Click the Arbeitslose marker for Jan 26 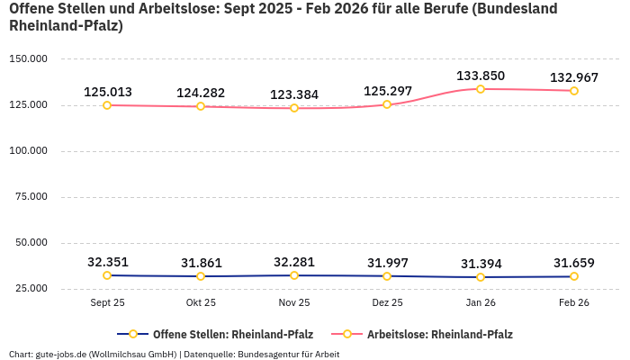click(x=481, y=89)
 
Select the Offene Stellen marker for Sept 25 click(x=107, y=275)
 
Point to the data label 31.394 click(x=481, y=264)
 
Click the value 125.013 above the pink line click(x=107, y=92)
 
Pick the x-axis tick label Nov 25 click(x=294, y=303)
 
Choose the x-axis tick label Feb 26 click(x=574, y=303)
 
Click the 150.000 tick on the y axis click(x=28, y=59)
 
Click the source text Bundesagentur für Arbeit click(x=288, y=354)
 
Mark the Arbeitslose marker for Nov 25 click(x=294, y=108)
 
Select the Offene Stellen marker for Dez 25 click(x=387, y=276)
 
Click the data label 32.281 click(x=294, y=262)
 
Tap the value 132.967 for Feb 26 click(x=574, y=77)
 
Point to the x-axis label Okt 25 click(x=201, y=303)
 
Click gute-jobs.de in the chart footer click(x=61, y=354)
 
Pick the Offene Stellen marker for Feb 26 click(x=574, y=276)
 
